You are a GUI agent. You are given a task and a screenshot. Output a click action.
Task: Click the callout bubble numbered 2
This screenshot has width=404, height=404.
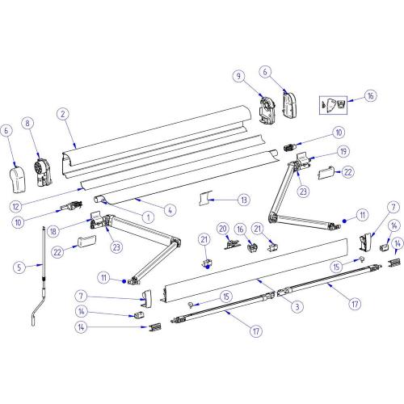(x=61, y=115)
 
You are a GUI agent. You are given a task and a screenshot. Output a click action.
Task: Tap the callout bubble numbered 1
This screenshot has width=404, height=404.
(x=148, y=217)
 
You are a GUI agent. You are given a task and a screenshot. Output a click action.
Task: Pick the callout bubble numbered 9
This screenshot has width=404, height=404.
(x=239, y=76)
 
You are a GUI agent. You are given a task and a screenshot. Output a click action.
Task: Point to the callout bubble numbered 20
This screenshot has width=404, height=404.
(x=222, y=229)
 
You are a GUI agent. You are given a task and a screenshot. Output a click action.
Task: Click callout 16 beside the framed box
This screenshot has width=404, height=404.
(x=371, y=95)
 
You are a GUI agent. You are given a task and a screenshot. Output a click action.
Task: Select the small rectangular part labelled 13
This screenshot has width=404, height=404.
(x=208, y=198)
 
